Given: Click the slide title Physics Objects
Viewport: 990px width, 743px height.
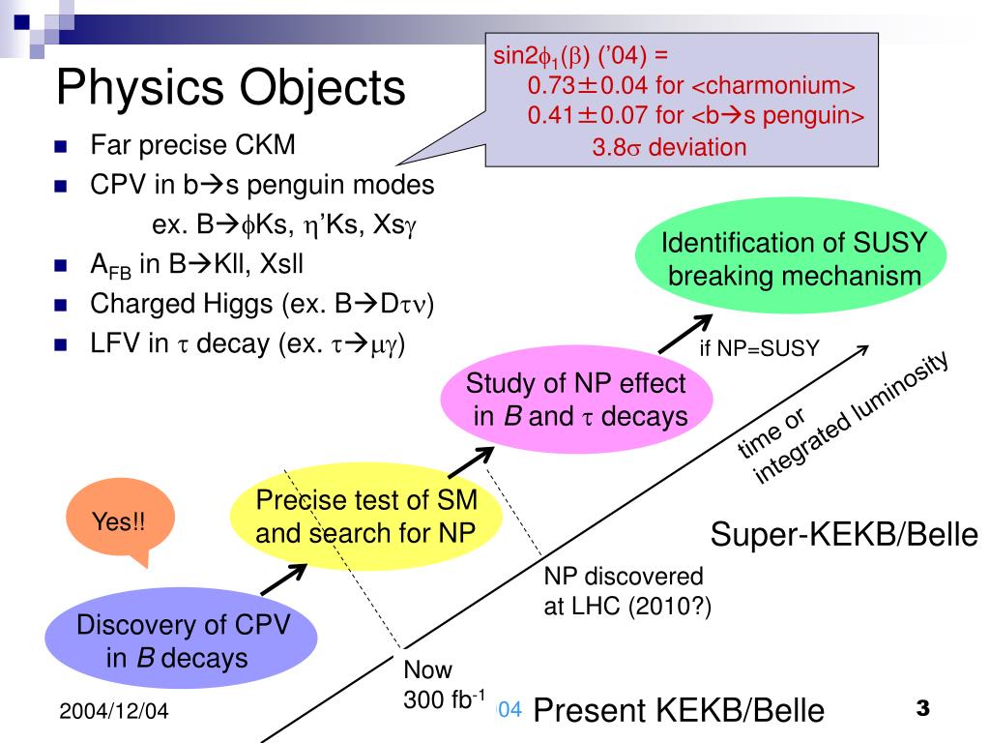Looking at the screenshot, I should coord(231,87).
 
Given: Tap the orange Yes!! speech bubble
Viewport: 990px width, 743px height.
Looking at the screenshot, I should coord(119,522).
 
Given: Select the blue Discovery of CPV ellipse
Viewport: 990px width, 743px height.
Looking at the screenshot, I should coord(183,640).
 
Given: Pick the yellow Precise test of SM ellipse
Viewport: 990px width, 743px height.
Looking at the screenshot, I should coord(366,517).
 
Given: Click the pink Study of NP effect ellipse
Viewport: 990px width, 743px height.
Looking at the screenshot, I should coord(576,401).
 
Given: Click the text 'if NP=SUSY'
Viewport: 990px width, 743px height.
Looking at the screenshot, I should coord(760,348).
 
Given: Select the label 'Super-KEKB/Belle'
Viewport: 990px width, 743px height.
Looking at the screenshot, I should coord(845,533).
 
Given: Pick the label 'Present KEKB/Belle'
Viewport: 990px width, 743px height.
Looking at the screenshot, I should coord(679,711).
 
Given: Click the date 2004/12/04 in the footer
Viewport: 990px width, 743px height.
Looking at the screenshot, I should coord(113,712).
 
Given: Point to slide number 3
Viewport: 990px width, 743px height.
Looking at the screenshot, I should coord(922,709).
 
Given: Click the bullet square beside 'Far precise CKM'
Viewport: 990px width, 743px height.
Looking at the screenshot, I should coord(61,148).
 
